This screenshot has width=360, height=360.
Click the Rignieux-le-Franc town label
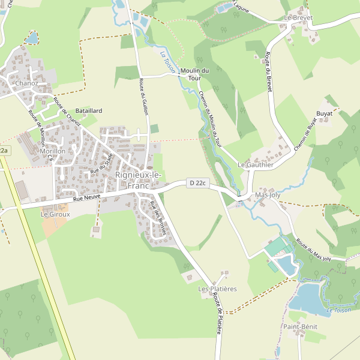(x=138, y=180)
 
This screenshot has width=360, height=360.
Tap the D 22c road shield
(x=197, y=183)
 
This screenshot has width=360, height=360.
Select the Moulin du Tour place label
(x=194, y=74)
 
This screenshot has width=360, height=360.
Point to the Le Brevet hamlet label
(x=299, y=17)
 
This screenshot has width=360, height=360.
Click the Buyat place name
(x=325, y=113)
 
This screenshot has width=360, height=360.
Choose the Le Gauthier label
(x=256, y=164)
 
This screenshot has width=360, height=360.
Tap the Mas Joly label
(x=268, y=195)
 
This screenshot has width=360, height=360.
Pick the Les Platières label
(x=217, y=289)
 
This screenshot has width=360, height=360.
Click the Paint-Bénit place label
(x=301, y=326)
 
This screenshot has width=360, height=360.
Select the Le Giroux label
(x=55, y=214)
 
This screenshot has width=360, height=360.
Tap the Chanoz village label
(x=27, y=83)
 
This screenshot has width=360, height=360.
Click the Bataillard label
(x=89, y=111)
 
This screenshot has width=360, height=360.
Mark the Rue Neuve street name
(x=86, y=197)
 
